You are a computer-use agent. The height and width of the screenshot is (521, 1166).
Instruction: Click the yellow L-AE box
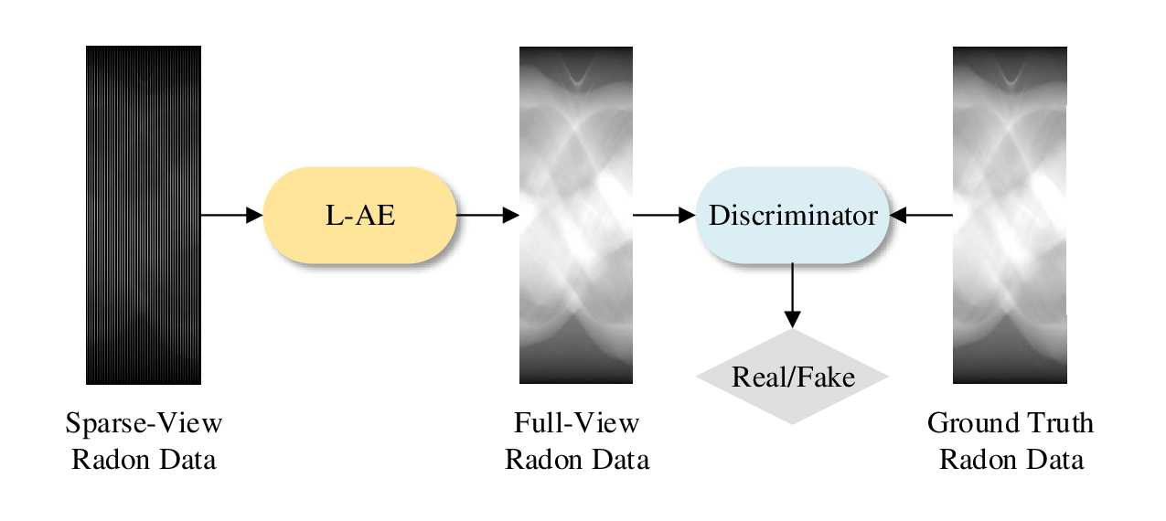pos(360,216)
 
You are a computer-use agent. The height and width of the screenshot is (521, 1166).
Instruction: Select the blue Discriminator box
pos(792,216)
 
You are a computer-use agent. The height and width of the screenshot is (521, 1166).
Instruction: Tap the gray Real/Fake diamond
pos(792,377)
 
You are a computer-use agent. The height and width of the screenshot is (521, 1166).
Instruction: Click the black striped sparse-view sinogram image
pos(144,215)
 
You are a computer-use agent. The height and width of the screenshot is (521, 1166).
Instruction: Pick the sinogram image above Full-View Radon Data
pos(576,215)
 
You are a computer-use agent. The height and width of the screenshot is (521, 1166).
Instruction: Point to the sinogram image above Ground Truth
pos(1010,215)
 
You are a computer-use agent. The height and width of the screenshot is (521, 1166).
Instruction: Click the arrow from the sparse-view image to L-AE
pos(231,216)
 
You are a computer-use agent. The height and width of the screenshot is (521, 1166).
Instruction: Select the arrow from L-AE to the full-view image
pos(487,216)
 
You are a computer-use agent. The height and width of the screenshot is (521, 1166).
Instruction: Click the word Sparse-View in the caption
pos(144,424)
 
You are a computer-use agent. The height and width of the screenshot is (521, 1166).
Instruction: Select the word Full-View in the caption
pos(576,424)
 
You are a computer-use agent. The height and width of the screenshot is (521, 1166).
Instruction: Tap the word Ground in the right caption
pos(972,424)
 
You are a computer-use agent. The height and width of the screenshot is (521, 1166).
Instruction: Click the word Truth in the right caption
pos(1057,424)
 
